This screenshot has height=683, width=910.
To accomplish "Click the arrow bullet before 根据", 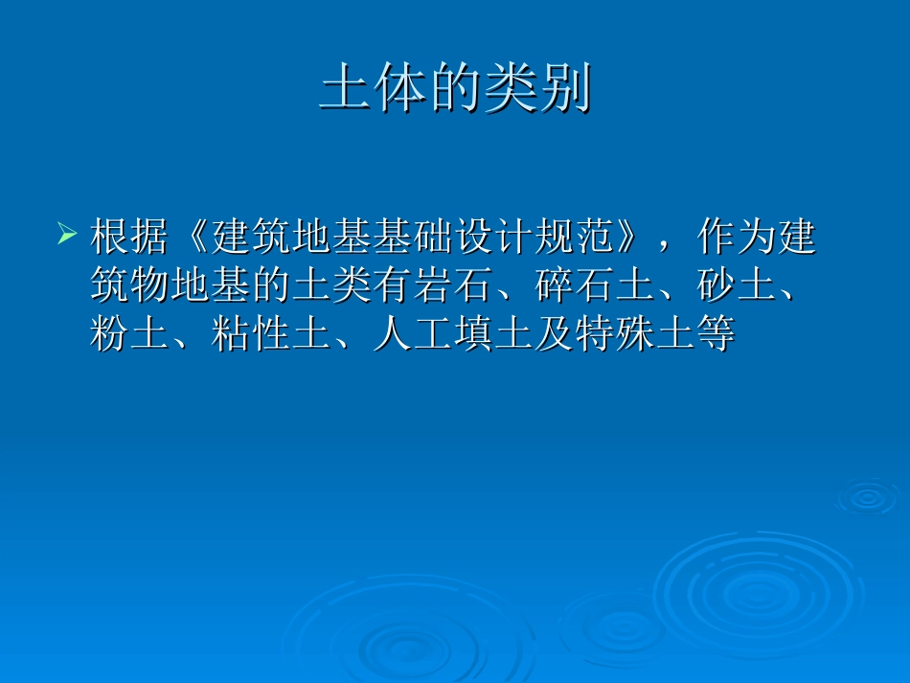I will [67, 233].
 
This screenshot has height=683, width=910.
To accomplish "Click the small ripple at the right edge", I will [868, 496].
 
